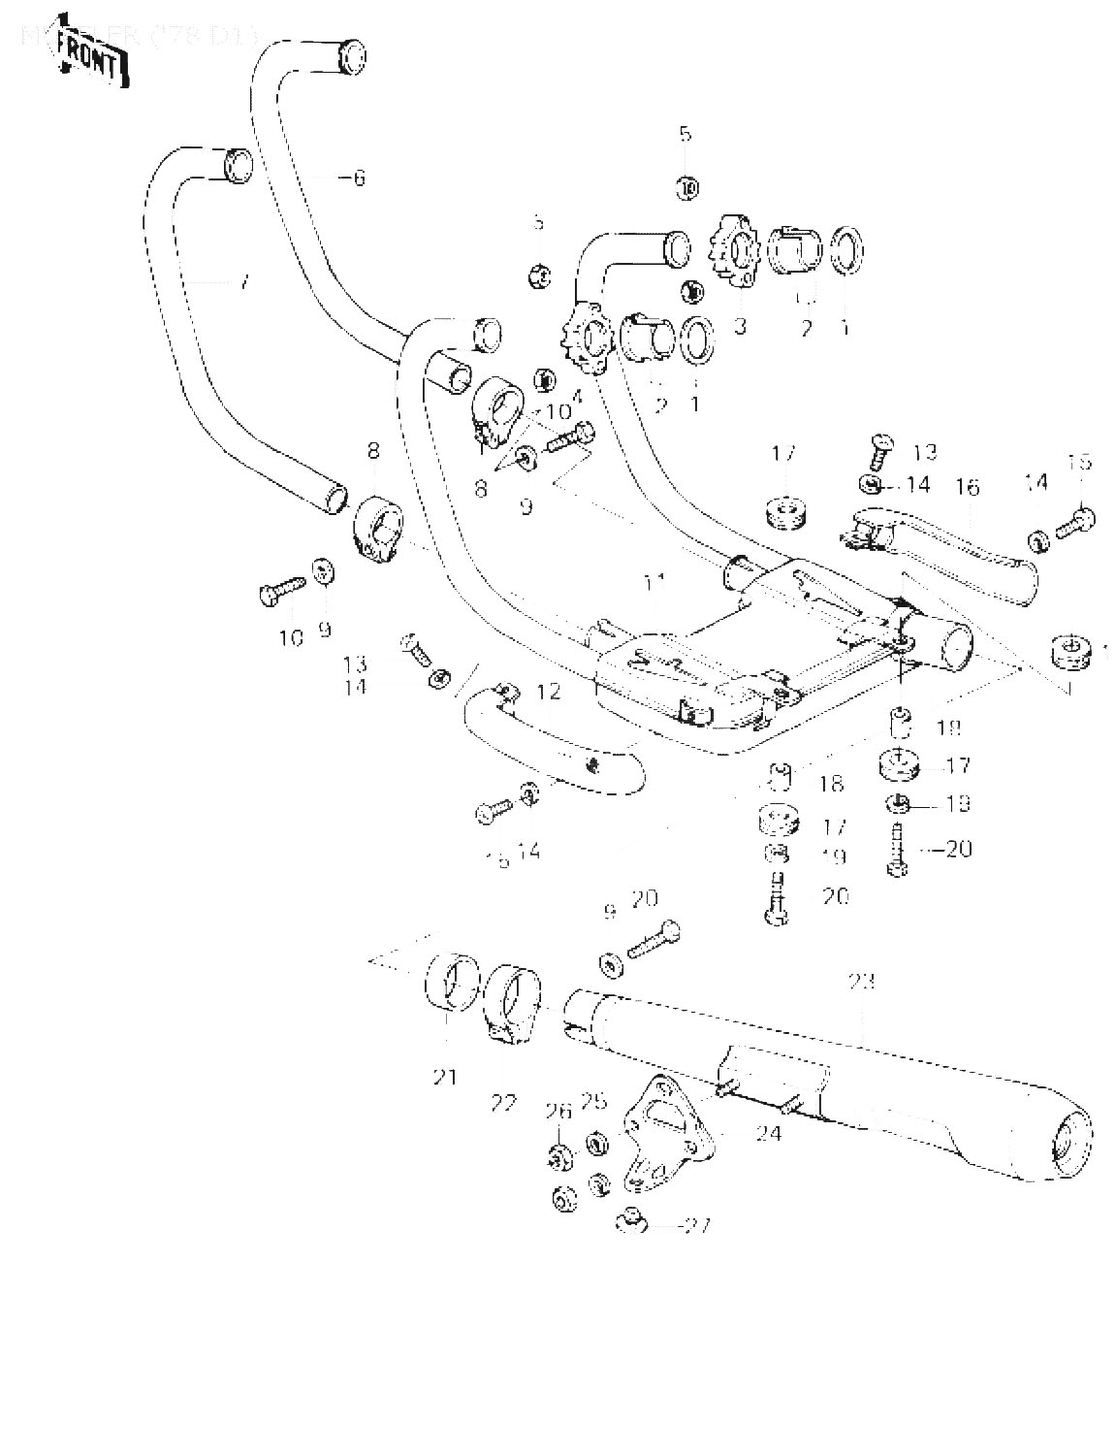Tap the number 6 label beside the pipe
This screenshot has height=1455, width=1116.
click(359, 178)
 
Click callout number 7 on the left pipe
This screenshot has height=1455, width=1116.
click(243, 282)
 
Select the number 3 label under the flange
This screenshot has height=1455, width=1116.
click(740, 326)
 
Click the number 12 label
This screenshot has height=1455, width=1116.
click(548, 692)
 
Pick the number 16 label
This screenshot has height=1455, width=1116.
click(968, 486)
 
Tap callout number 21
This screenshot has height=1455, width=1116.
click(445, 1076)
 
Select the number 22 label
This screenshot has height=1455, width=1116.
click(504, 1102)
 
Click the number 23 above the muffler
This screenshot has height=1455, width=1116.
click(861, 982)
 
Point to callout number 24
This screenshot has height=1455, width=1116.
click(769, 1132)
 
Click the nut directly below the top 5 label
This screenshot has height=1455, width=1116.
click(686, 188)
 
